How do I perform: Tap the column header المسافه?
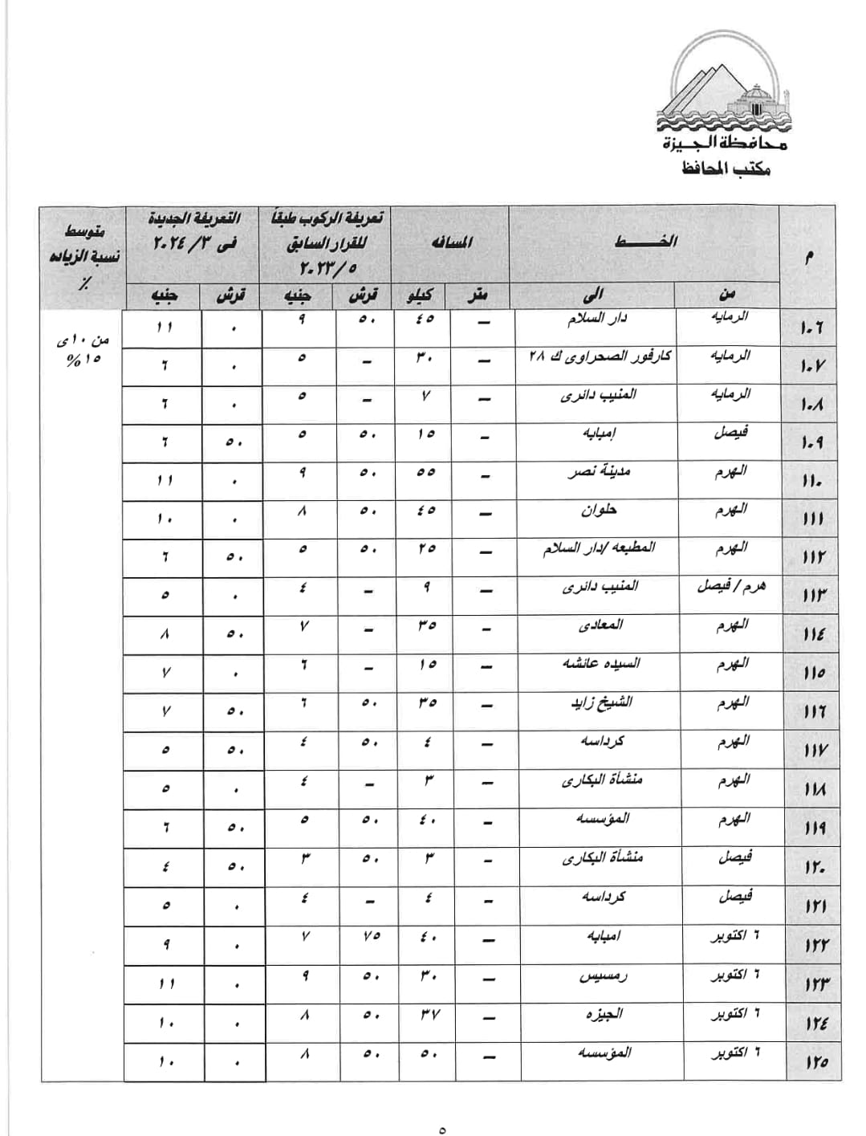(x=452, y=242)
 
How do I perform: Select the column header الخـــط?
(x=645, y=242)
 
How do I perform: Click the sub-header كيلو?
(x=421, y=295)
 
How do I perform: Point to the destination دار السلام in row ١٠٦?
(x=597, y=319)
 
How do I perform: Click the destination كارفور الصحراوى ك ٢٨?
(x=598, y=356)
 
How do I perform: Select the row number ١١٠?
(x=811, y=482)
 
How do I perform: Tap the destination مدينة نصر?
(x=598, y=471)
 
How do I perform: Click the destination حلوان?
(x=599, y=510)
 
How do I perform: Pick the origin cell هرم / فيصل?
(x=730, y=586)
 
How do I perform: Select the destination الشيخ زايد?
(x=601, y=702)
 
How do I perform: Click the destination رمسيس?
(x=603, y=976)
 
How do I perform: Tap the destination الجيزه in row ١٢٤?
(x=604, y=1014)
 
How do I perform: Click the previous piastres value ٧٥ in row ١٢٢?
(x=370, y=937)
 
